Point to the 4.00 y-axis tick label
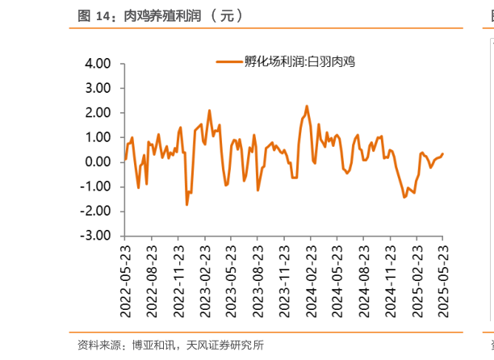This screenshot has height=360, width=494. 98,63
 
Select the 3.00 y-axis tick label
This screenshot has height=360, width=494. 98,88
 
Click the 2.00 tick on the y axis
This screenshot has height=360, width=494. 98,112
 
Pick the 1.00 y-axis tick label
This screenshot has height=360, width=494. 98,137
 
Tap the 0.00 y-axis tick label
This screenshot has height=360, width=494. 98,162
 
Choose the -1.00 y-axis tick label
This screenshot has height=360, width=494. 96,186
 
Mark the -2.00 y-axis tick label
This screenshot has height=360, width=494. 96,211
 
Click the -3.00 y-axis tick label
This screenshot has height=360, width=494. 96,237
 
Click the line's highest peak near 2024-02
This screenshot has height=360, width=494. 307,106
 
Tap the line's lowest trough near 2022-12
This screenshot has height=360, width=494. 186,205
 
